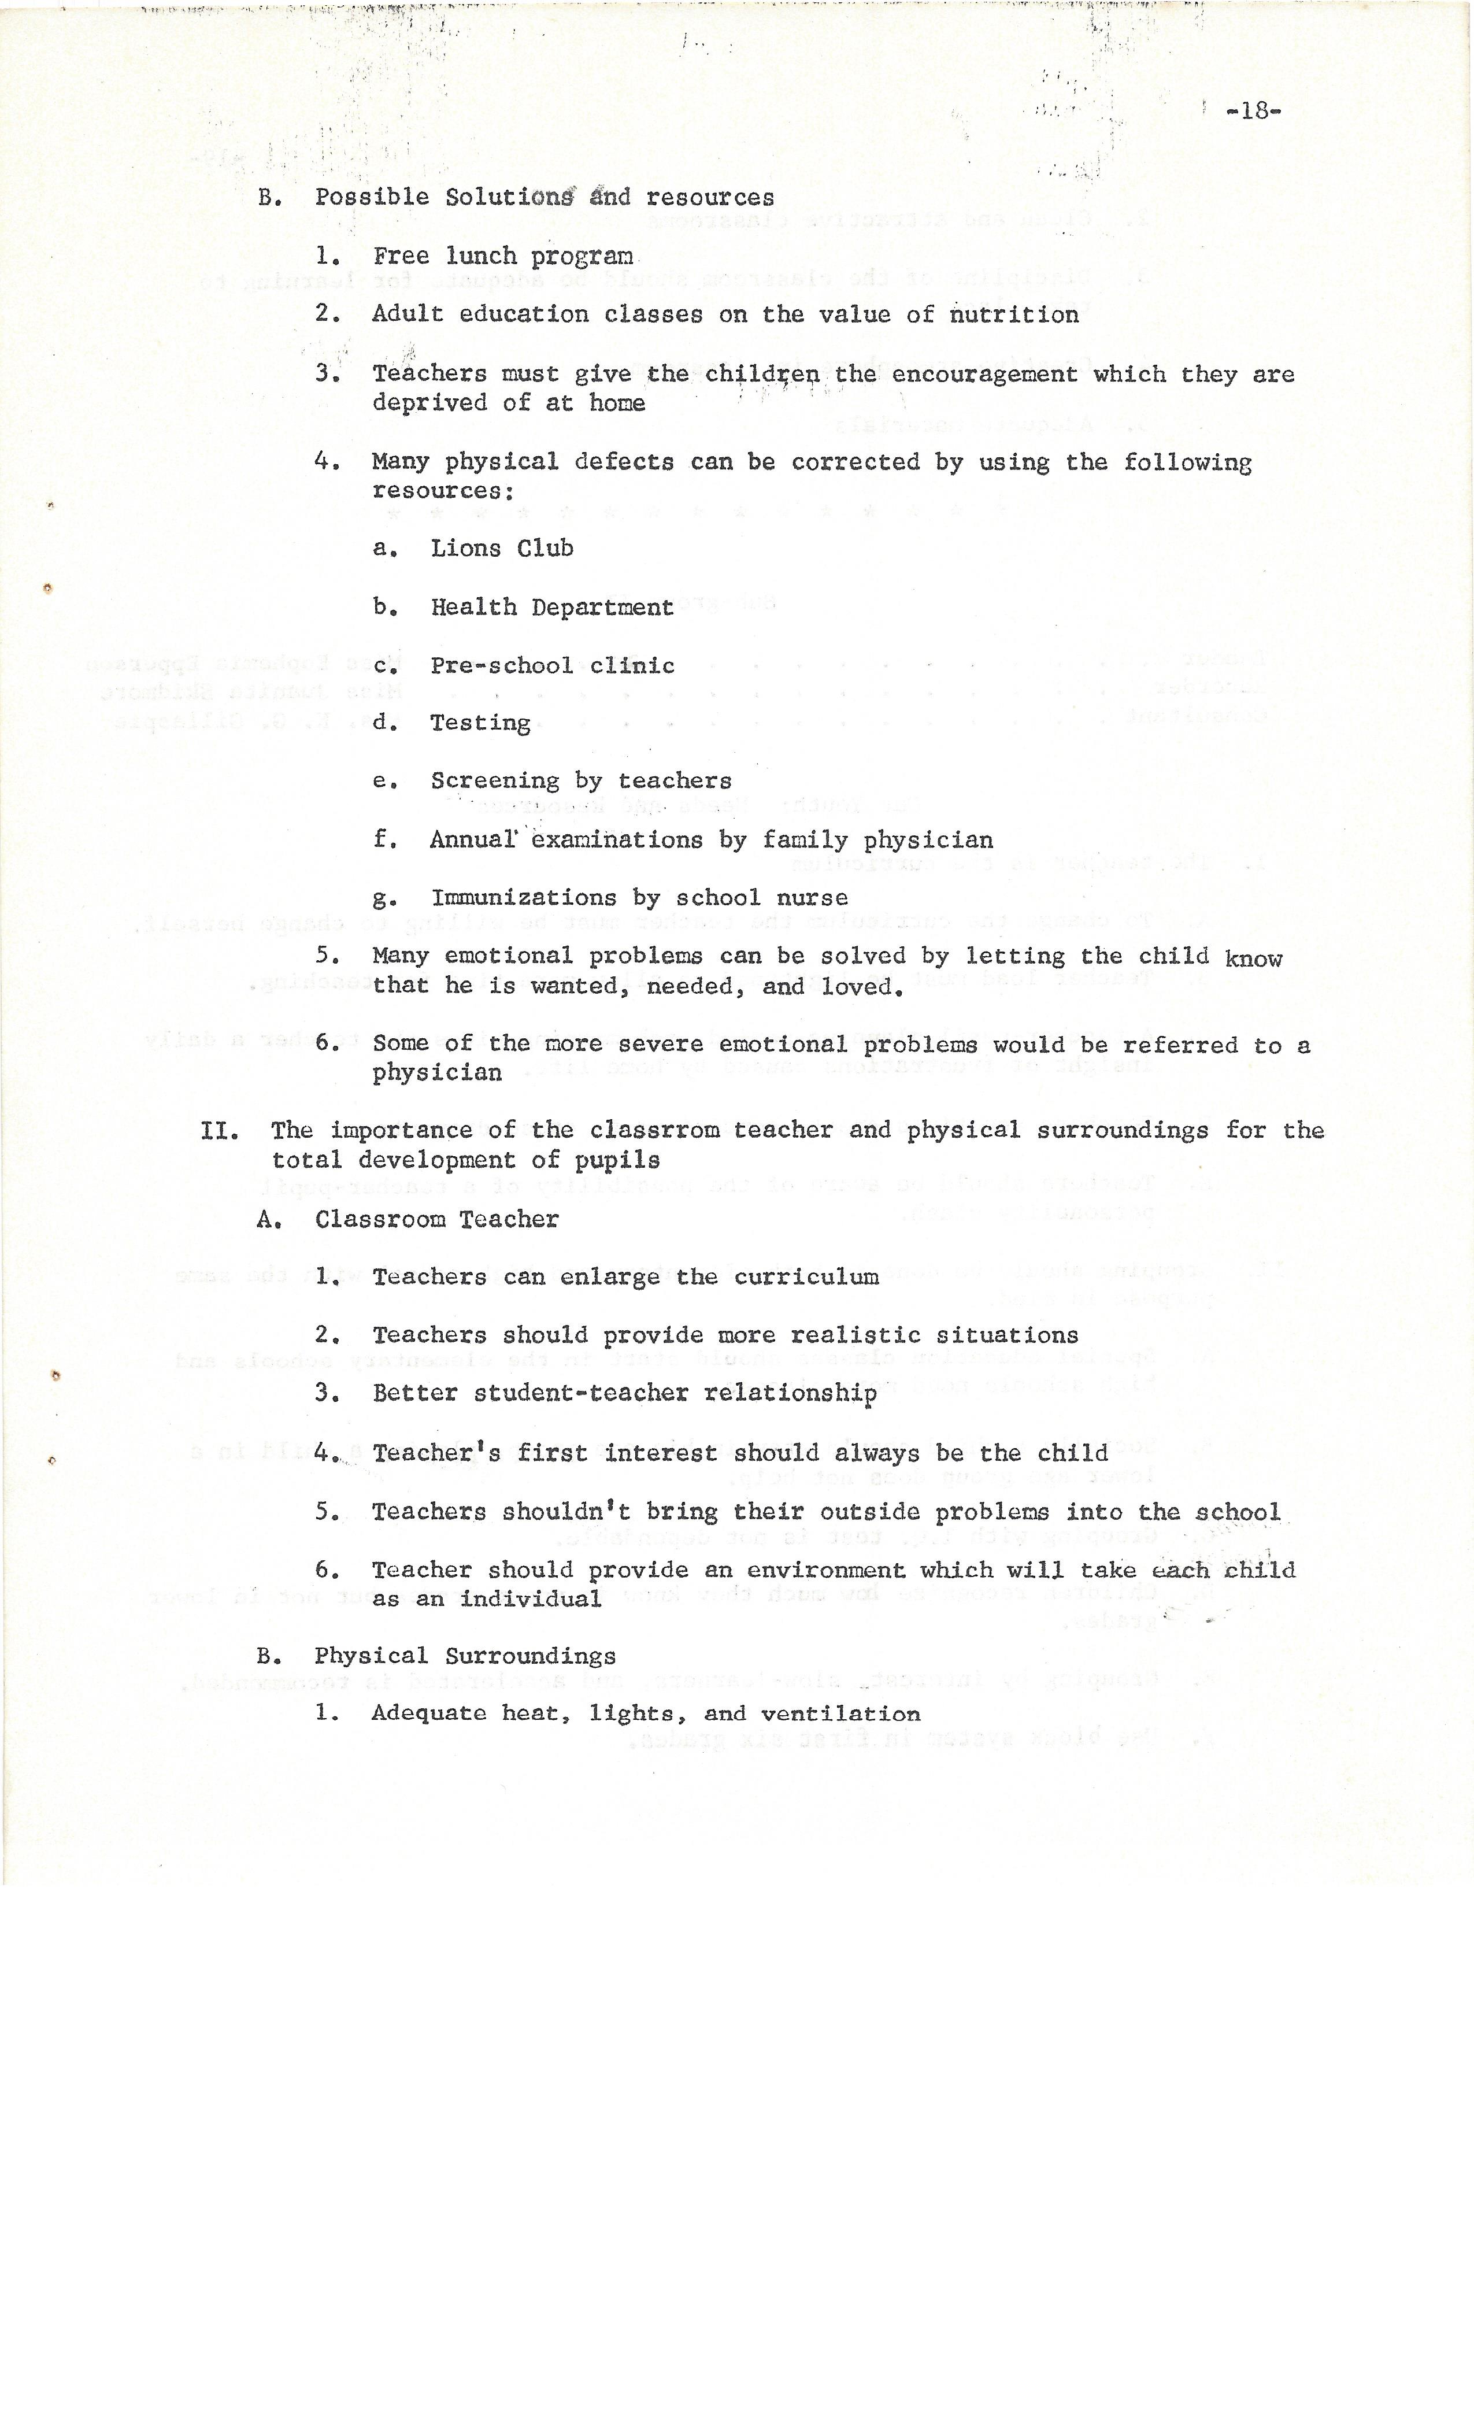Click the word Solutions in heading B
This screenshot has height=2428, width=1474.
pos(509,197)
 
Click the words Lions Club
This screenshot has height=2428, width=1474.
pos(502,548)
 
